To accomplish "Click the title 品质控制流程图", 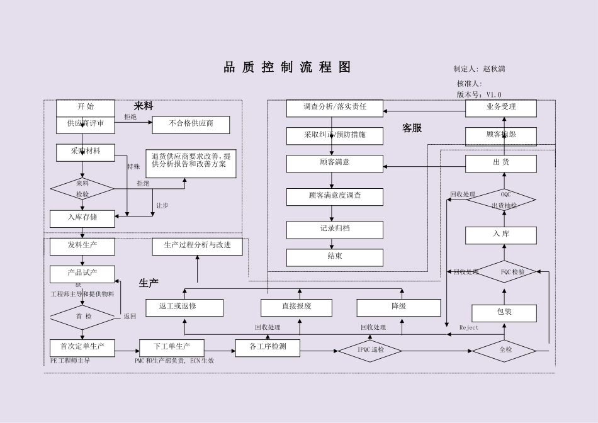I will click(x=287, y=68).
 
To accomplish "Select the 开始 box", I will click(x=86, y=108).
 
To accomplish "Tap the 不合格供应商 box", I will click(x=191, y=125).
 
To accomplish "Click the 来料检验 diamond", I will click(x=82, y=188).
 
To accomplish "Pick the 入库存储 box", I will click(x=82, y=218).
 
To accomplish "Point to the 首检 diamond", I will click(x=82, y=317).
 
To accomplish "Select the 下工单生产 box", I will click(x=172, y=347).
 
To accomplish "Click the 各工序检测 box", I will click(x=268, y=347).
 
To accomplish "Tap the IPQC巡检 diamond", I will click(x=370, y=350).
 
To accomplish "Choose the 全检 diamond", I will click(x=504, y=350).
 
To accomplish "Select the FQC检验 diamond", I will click(x=504, y=273).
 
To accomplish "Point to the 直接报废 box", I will click(x=296, y=307).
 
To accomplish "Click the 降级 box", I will click(x=398, y=307).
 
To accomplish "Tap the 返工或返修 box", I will click(x=184, y=307).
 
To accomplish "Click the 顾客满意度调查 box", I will click(x=335, y=196).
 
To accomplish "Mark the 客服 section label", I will click(x=412, y=128).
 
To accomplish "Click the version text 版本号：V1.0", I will click(x=479, y=94).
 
